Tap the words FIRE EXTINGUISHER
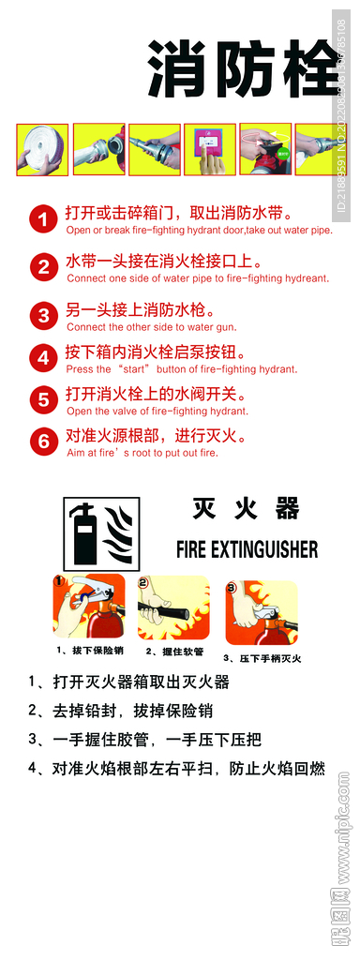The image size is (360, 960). pyautogui.click(x=247, y=548)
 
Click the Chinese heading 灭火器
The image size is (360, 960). pyautogui.click(x=246, y=509)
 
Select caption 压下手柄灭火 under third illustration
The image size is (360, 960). pyautogui.click(x=262, y=658)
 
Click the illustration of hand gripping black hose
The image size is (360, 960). pyautogui.click(x=173, y=610)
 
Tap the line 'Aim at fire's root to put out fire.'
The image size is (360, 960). pyautogui.click(x=142, y=453)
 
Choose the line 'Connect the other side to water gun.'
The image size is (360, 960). pyautogui.click(x=151, y=327)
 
